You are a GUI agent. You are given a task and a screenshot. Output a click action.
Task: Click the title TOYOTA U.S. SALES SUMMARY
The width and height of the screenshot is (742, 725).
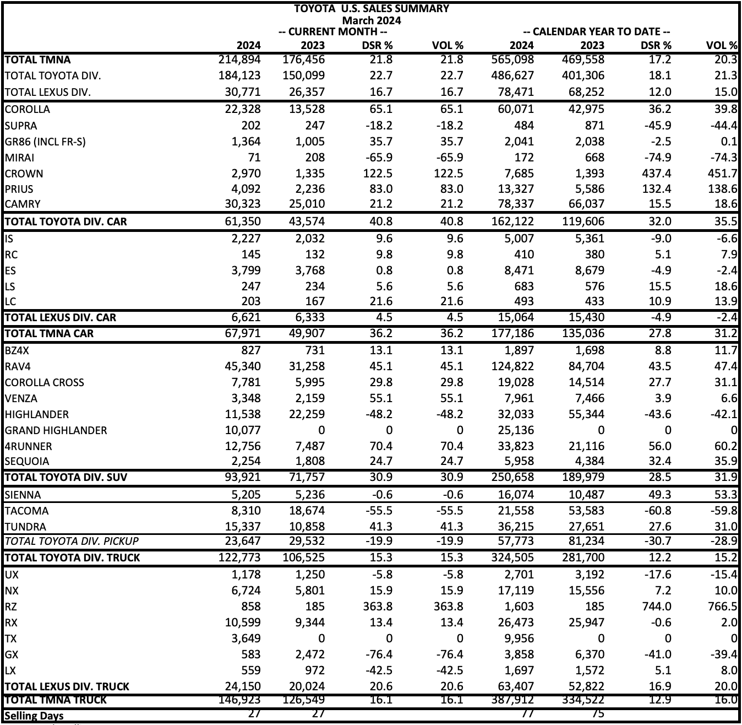372,9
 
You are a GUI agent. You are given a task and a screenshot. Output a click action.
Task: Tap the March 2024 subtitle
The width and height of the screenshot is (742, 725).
372,20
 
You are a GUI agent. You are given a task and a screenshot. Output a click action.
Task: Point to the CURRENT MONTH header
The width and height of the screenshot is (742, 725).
328,32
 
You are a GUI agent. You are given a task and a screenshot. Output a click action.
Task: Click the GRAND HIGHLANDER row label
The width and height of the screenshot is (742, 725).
56,430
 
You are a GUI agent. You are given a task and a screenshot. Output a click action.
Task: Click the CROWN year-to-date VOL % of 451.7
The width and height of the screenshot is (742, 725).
722,174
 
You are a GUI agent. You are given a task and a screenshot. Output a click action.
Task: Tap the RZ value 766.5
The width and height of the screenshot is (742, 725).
722,607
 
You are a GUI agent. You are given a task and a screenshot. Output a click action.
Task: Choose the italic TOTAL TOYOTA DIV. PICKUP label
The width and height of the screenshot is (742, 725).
72,541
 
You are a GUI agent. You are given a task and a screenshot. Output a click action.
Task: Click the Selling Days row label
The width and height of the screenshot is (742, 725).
34,716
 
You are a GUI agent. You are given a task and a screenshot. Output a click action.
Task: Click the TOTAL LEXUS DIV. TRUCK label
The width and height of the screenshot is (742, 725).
67,686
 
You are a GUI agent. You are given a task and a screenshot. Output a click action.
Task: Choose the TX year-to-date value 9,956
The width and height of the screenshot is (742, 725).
516,639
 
